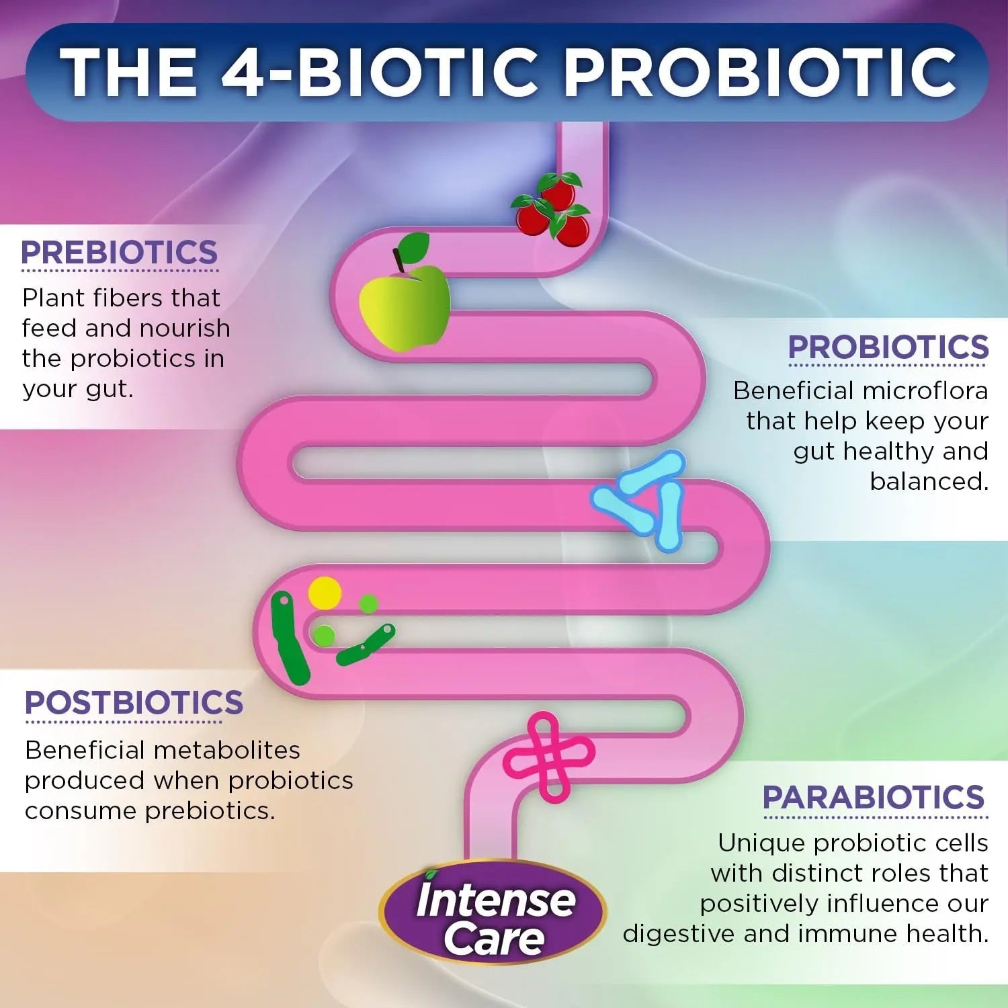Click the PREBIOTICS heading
point(120,253)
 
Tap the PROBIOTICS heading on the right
point(888,347)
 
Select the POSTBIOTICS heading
point(134,703)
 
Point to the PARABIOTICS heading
point(874,798)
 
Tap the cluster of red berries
point(552,204)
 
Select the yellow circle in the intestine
point(325,593)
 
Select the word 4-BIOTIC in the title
point(380,72)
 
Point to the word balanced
point(929,482)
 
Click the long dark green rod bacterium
point(290,638)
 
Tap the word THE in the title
point(128,72)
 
